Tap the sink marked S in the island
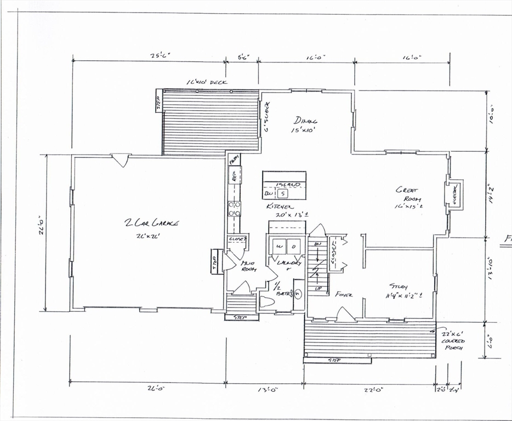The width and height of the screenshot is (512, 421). pos(283,194)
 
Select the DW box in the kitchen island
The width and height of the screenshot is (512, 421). pos(269,194)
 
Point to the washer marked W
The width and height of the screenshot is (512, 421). pos(278,247)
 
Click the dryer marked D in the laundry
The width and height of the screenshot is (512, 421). pos(293,247)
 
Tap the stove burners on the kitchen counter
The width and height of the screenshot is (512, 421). pos(234,209)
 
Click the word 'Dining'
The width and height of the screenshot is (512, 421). pos(305,121)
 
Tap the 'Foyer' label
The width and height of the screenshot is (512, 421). pos(344,294)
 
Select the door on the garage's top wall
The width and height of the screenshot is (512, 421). pos(120,160)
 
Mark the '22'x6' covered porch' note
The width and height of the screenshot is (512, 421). pos(453,340)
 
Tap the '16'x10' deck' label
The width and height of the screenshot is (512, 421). pos(207,83)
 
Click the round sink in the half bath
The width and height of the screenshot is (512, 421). pos(298,294)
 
